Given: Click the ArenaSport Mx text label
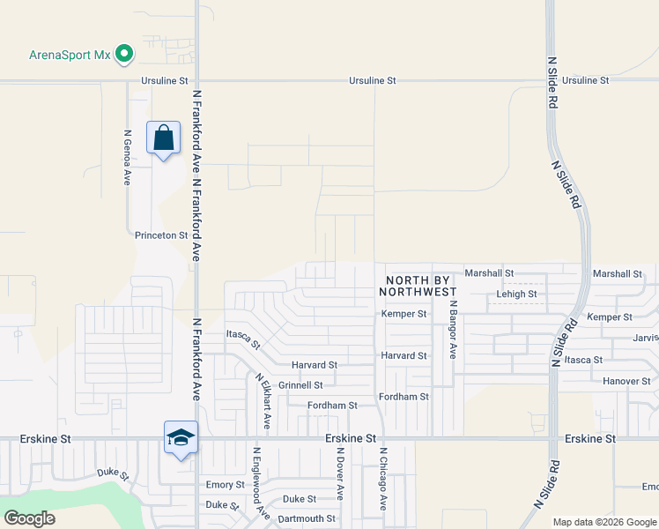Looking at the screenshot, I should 69,55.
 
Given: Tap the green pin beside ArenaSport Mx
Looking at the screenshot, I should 124,55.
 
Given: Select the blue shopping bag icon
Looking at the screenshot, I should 164,138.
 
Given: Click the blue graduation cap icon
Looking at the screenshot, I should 181,437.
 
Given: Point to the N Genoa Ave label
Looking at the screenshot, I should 127,158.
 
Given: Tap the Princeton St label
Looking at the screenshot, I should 161,235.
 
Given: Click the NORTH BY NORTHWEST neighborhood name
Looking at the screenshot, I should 418,285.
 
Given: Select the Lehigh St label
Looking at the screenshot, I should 516,294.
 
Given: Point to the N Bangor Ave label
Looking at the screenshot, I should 453,328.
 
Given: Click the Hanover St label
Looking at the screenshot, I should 626,381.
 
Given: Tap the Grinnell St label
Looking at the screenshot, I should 300,385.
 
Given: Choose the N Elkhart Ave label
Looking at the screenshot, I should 263,401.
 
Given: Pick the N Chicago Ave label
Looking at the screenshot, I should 383,479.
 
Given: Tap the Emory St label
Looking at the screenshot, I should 225,485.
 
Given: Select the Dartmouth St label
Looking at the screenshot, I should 307,518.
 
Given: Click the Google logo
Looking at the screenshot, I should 29,518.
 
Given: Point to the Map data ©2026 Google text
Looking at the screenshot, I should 603,522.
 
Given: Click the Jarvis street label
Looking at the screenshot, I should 645,338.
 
